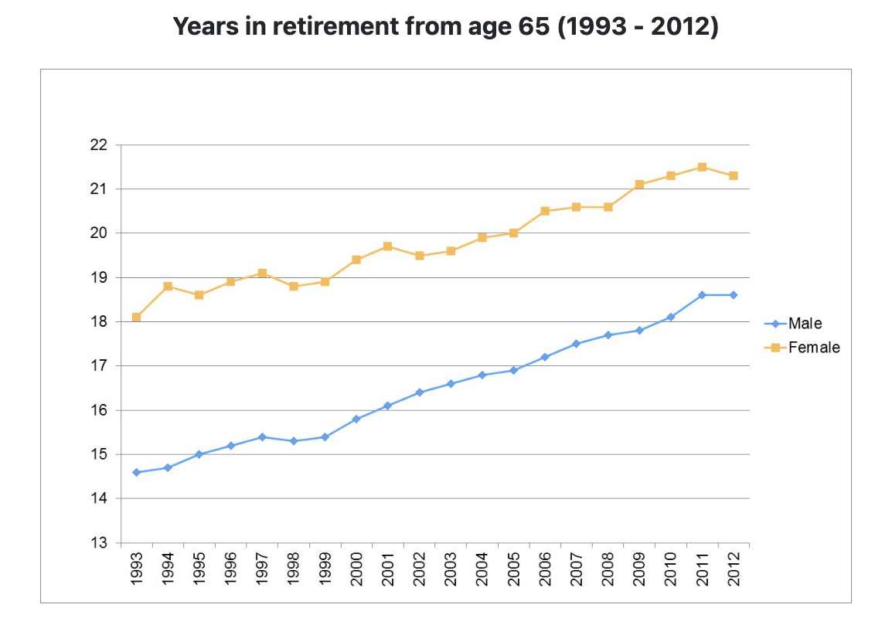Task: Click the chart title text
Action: pos(445,27)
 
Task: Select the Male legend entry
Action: pos(805,324)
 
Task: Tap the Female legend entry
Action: pos(813,348)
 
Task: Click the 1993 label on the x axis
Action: pos(137,568)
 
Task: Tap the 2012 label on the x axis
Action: pos(734,568)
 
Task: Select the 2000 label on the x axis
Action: pos(356,568)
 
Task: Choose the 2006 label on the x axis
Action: pos(545,568)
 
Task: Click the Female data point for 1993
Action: pos(137,317)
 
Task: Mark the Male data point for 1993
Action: pos(137,472)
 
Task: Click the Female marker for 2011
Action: pos(702,167)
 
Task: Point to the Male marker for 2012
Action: pos(734,295)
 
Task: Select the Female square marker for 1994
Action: pos(168,287)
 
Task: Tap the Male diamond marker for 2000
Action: pos(356,419)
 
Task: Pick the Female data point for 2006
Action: pos(545,211)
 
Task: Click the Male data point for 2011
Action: pos(702,295)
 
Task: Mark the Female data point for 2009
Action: pos(639,185)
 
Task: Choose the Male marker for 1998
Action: pos(294,441)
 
